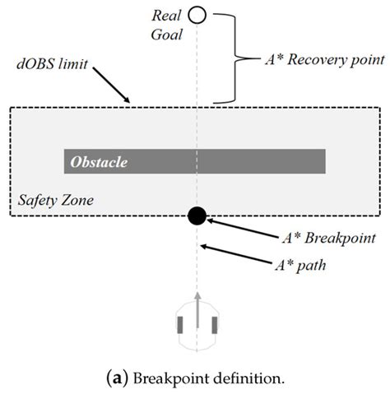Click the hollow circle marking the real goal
pyautogui.click(x=197, y=14)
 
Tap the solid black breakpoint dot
pyautogui.click(x=197, y=216)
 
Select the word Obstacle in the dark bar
pyautogui.click(x=99, y=161)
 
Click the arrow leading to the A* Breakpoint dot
pyautogui.click(x=239, y=227)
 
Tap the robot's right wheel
pyautogui.click(x=216, y=325)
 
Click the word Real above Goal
pyautogui.click(x=168, y=14)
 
